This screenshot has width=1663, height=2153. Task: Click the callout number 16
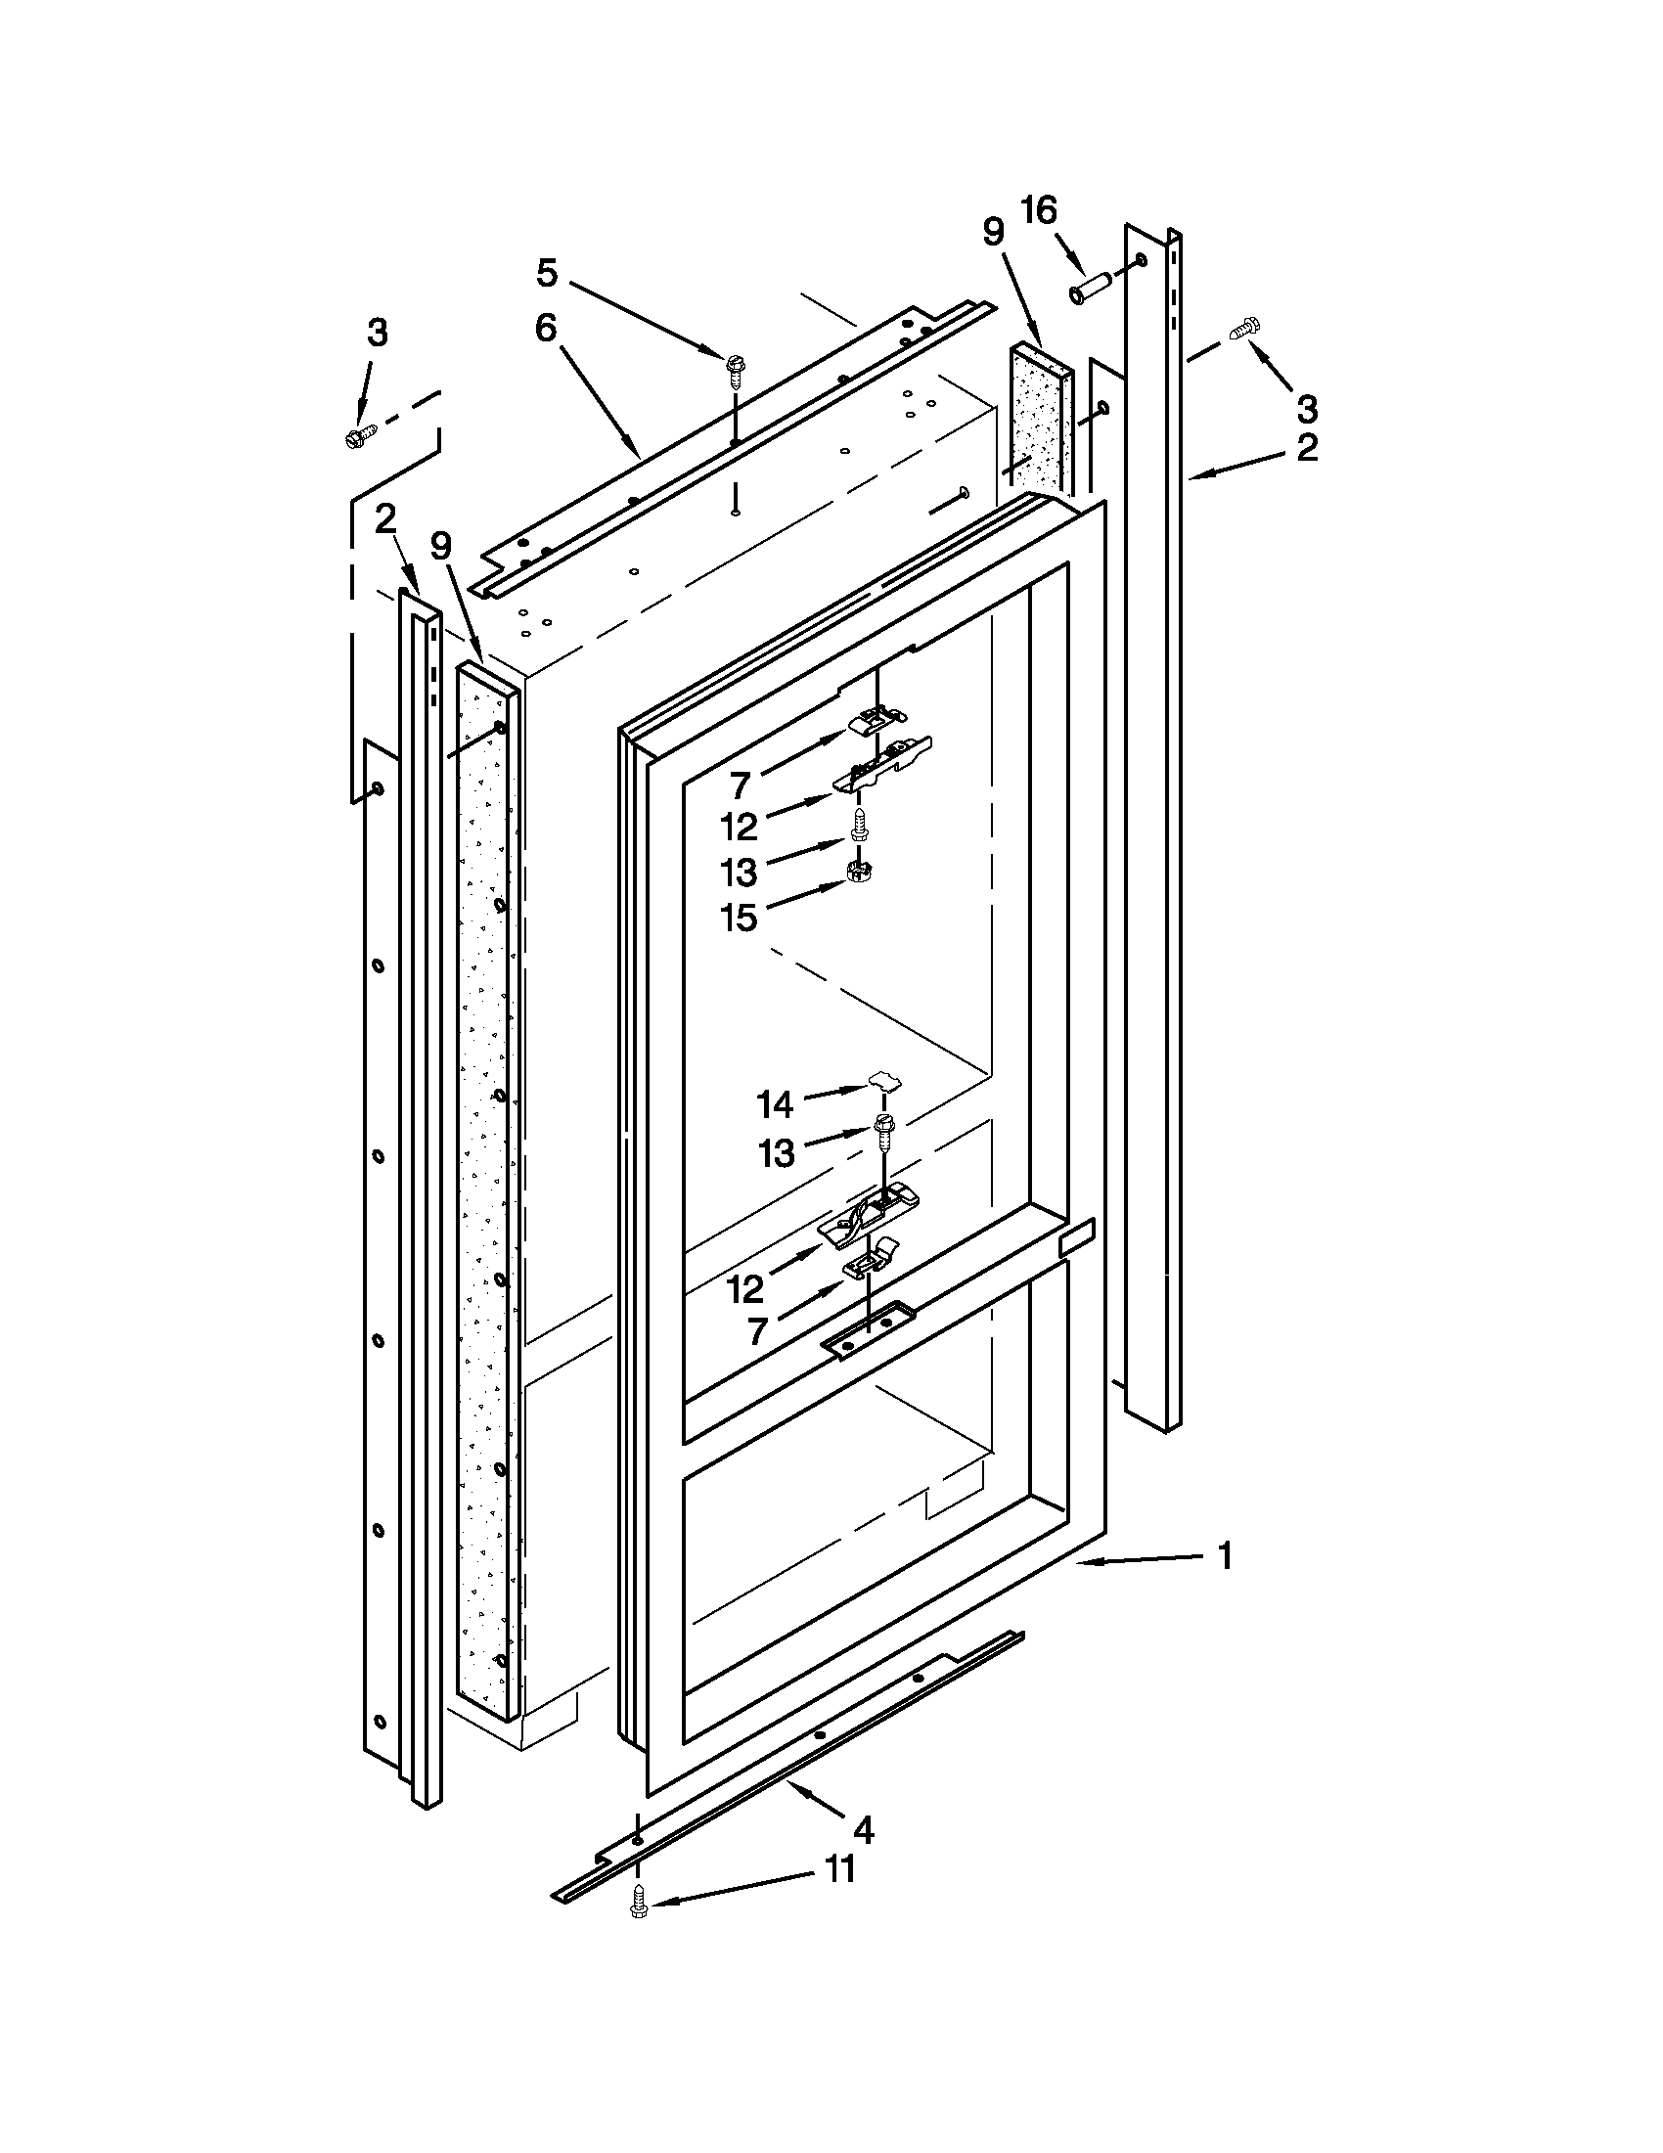click(x=1039, y=210)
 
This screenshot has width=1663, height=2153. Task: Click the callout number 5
click(x=547, y=273)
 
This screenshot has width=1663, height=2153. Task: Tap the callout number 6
click(x=545, y=329)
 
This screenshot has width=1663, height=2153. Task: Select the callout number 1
click(x=1225, y=1556)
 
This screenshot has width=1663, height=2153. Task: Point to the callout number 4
click(x=863, y=1830)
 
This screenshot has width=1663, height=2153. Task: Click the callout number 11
click(x=839, y=1869)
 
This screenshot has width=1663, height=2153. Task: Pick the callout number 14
click(x=775, y=1105)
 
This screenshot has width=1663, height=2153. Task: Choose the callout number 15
click(x=739, y=917)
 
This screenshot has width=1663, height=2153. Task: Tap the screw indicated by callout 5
click(x=735, y=366)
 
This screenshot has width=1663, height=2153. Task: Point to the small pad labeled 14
click(x=885, y=1084)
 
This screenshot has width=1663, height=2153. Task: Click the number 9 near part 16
click(x=993, y=232)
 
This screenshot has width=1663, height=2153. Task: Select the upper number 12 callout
click(x=739, y=827)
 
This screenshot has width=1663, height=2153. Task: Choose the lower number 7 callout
click(x=757, y=1332)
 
